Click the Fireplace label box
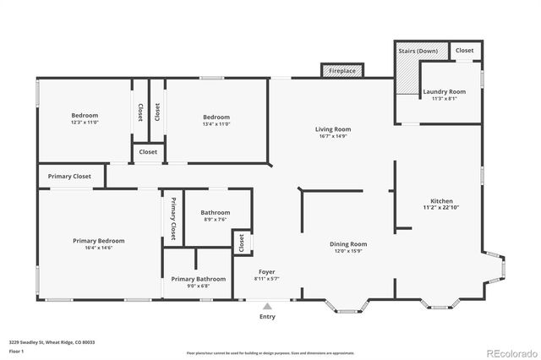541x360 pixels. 342,72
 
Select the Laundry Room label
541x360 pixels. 444,91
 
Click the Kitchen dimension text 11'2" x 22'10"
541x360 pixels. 440,207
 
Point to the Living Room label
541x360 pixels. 333,129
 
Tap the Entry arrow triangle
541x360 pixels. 267,306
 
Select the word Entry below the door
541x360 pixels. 267,317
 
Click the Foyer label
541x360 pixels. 266,272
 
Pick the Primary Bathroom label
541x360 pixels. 199,279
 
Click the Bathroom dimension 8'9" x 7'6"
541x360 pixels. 216,220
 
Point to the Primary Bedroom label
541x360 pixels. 98,241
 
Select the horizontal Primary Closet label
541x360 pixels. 69,177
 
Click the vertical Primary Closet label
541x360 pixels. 173,218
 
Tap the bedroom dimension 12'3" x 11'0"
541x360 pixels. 85,123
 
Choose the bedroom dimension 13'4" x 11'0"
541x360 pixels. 216,123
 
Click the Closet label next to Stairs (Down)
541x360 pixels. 465,51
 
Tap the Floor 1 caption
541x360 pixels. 16,351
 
